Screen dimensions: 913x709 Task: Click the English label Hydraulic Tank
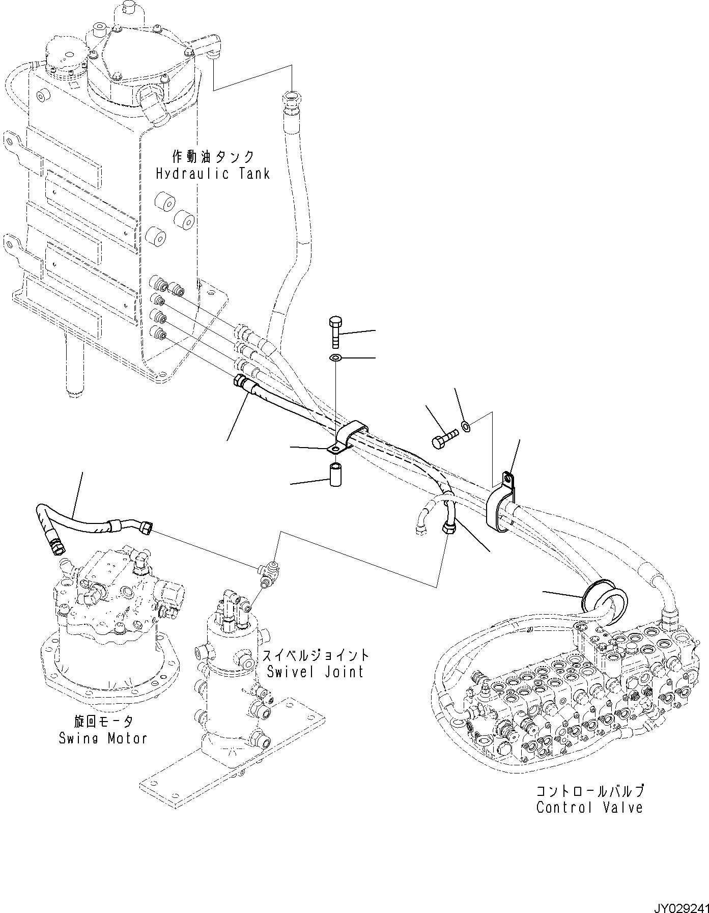[212, 174]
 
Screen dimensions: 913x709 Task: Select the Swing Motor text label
[103, 738]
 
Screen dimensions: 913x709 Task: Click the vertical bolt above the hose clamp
[335, 331]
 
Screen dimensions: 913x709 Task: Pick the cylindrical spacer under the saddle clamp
[336, 474]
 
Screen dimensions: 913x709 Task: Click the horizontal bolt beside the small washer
[444, 438]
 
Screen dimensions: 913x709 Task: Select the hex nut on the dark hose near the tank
[238, 380]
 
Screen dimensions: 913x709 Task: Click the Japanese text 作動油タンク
[213, 156]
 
